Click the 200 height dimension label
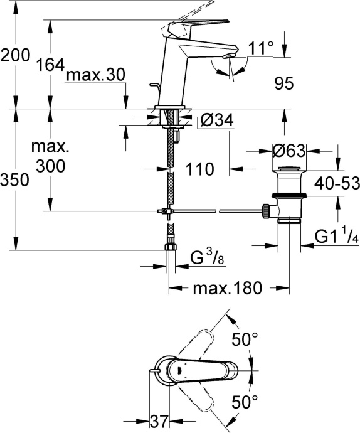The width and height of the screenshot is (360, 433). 15,56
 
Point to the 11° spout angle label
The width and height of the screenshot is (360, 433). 262,48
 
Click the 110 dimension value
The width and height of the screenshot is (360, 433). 201,169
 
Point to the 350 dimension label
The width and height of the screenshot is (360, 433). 15,181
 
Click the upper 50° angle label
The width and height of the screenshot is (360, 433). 245,339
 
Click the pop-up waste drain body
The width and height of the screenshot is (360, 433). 288,196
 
